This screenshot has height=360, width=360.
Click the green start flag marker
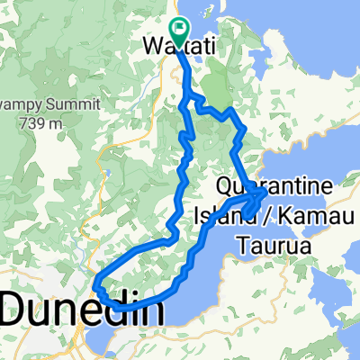point(177,33)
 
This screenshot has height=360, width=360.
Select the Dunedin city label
point(83,310)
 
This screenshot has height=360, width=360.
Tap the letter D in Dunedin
point(17,310)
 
